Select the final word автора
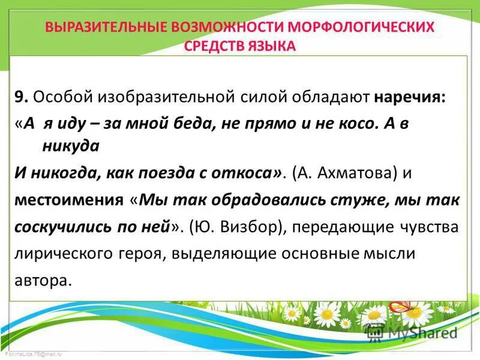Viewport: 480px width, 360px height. click(x=43, y=279)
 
